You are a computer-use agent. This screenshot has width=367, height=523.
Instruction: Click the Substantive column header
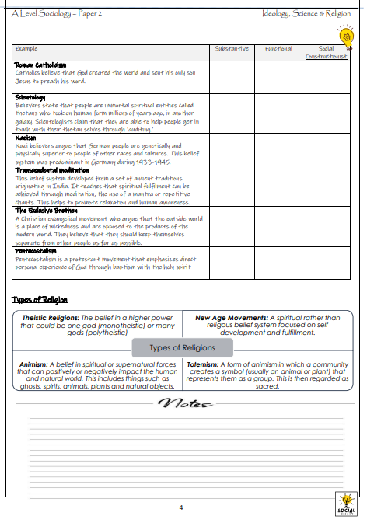click(x=232, y=48)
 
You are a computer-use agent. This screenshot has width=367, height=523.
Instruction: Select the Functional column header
click(x=278, y=48)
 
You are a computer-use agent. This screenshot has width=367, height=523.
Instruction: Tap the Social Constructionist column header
click(x=326, y=52)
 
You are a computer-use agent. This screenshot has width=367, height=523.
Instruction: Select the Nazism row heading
click(x=26, y=138)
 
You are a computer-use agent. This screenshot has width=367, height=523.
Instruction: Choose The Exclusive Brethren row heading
click(x=46, y=210)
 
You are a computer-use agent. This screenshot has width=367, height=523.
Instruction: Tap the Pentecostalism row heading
click(x=37, y=250)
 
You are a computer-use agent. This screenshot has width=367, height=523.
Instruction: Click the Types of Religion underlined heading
click(x=40, y=300)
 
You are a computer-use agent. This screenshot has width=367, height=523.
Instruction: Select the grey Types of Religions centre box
click(x=183, y=347)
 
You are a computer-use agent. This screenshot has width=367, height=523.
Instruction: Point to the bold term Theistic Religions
click(x=52, y=318)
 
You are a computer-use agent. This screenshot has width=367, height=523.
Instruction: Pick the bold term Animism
click(x=35, y=364)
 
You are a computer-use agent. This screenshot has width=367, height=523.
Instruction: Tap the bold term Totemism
click(x=203, y=364)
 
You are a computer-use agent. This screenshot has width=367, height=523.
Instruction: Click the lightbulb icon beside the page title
click(x=344, y=35)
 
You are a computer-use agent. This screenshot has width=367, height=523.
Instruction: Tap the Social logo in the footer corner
click(x=344, y=502)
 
